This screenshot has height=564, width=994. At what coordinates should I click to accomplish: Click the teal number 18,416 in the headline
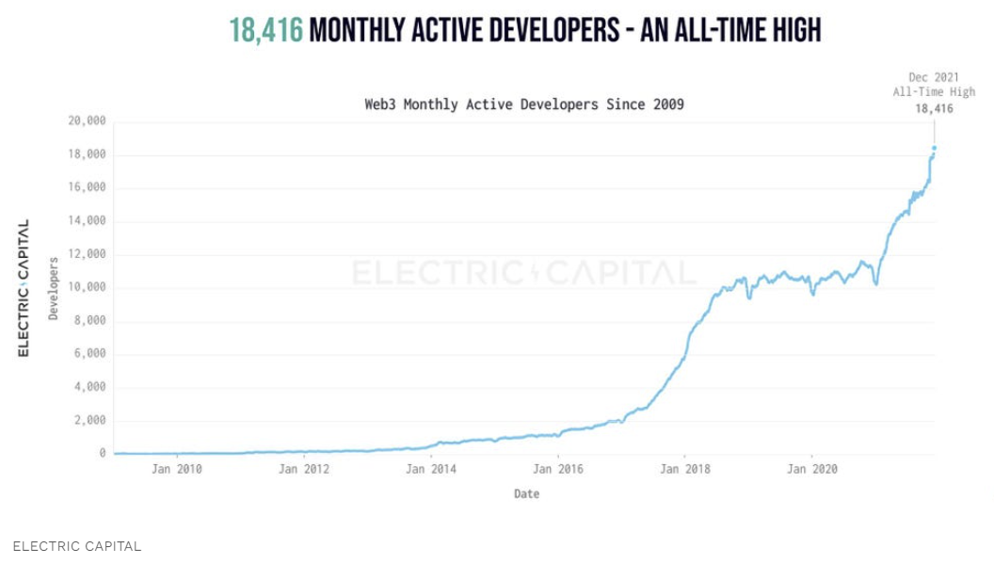coord(266,30)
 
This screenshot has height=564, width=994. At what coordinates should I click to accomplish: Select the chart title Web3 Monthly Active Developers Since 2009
coord(524,105)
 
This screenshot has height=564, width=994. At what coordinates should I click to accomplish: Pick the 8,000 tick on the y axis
coord(90,321)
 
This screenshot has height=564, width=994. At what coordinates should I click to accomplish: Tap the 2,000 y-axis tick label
coord(90,421)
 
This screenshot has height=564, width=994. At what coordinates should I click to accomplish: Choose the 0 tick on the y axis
coord(103,454)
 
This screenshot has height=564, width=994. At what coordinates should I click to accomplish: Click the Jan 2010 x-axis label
coord(175,468)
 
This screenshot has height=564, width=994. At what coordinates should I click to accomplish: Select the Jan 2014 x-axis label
coord(430,468)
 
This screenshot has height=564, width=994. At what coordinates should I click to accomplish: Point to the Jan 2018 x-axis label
coord(684,468)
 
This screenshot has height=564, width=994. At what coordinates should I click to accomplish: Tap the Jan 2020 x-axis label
coord(811,468)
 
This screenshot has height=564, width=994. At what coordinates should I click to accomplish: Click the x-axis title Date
coord(527,494)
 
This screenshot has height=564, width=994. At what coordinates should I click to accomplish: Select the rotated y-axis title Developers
coord(54,288)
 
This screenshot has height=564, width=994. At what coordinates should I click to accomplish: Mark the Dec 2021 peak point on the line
coord(934,148)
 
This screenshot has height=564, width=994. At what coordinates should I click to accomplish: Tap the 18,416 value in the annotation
coord(934,108)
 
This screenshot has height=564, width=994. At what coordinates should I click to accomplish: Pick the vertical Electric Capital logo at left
coord(24,288)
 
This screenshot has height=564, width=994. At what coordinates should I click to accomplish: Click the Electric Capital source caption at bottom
coord(77,546)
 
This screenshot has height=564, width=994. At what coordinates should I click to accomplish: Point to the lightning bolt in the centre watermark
coord(536,273)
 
